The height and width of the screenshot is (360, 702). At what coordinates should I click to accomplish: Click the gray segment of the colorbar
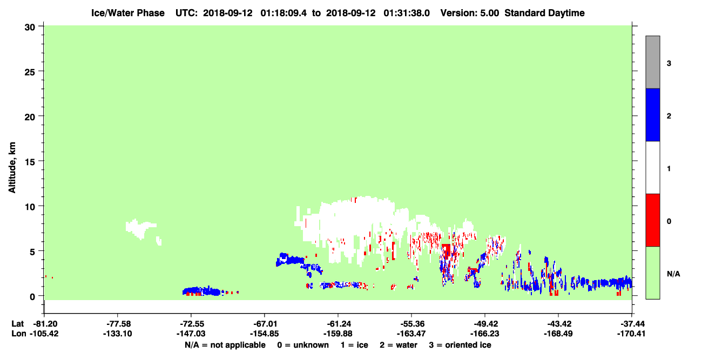pyautogui.click(x=652, y=62)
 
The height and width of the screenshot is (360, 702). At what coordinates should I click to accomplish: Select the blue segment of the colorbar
pyautogui.click(x=652, y=114)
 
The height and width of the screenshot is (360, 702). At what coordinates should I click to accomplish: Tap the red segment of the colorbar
pyautogui.click(x=652, y=220)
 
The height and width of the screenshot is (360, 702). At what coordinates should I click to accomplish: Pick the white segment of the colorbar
pyautogui.click(x=652, y=167)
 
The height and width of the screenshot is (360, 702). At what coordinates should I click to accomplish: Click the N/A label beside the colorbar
pyautogui.click(x=673, y=274)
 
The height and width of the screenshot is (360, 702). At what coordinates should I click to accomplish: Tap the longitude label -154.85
pyautogui.click(x=264, y=334)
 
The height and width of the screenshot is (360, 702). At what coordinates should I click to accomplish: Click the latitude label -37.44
pyautogui.click(x=631, y=324)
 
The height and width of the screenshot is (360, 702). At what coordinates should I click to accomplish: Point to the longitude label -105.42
pyautogui.click(x=44, y=334)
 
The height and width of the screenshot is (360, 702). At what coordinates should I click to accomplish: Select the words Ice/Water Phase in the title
pyautogui.click(x=128, y=13)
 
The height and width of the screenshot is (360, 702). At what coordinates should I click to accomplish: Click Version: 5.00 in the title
pyautogui.click(x=470, y=13)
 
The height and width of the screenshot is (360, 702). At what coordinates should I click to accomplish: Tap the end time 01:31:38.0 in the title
pyautogui.click(x=407, y=13)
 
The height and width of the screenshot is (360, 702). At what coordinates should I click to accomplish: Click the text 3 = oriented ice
pyautogui.click(x=460, y=345)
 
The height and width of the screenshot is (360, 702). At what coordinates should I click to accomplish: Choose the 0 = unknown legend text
pyautogui.click(x=303, y=345)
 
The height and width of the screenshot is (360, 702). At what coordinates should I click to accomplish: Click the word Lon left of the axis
pyautogui.click(x=19, y=334)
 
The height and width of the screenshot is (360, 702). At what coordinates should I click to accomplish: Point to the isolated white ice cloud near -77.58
pyautogui.click(x=141, y=228)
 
